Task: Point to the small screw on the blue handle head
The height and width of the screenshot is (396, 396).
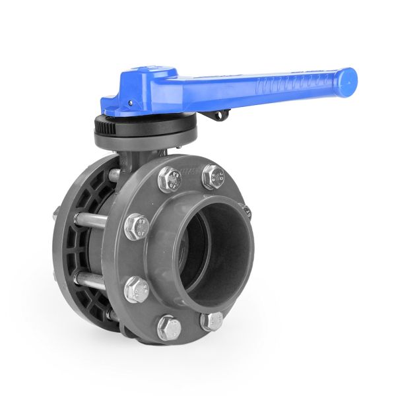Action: click(131, 104)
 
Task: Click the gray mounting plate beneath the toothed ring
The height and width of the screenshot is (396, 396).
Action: click(145, 139)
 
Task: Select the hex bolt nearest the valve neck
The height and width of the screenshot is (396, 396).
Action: click(170, 179)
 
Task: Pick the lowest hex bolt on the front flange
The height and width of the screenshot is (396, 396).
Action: click(169, 327)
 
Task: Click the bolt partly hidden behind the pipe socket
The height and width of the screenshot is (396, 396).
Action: click(246, 212)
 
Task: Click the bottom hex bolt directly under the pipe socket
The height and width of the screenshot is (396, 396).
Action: click(211, 321)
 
